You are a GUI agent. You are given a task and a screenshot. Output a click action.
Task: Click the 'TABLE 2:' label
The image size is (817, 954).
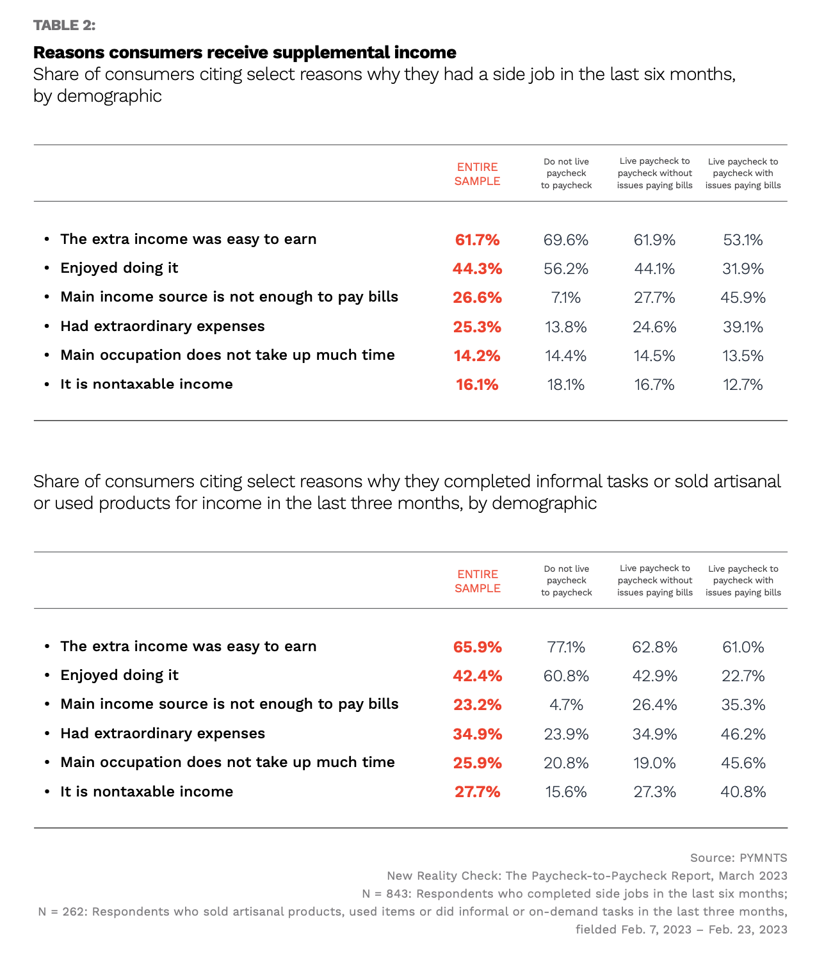(x=64, y=25)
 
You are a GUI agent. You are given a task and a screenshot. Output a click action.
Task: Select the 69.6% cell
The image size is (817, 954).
(x=565, y=240)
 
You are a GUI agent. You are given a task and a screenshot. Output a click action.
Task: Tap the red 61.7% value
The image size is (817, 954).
(x=477, y=240)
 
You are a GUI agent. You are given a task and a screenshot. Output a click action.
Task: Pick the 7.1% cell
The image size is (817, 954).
(x=565, y=298)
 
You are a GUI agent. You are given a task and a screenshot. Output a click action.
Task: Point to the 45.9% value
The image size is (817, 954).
(x=743, y=298)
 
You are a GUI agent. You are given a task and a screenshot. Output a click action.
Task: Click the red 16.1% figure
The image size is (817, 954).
(x=477, y=385)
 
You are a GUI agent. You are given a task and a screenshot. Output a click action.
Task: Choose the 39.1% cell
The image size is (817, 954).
(x=743, y=327)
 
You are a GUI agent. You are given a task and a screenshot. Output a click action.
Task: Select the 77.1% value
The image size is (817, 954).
(x=566, y=647)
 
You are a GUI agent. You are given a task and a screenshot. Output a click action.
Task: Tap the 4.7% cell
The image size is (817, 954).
(x=566, y=705)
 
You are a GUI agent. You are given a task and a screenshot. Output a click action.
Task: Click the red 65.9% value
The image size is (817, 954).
(x=477, y=647)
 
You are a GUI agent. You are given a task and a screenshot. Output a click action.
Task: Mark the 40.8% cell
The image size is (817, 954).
(x=743, y=792)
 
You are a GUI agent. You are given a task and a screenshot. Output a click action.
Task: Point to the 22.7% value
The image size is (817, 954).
(x=743, y=676)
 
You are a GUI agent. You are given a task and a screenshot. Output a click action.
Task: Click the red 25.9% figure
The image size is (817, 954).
(x=477, y=763)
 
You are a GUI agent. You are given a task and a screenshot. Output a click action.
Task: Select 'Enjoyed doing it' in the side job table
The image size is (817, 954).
(x=119, y=268)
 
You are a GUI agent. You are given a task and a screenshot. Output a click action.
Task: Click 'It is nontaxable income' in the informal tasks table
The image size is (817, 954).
(x=147, y=792)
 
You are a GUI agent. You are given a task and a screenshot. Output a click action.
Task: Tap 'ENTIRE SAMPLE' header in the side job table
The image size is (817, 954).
(x=477, y=174)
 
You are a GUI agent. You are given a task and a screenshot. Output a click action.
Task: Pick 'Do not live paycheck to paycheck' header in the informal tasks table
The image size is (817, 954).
(x=566, y=581)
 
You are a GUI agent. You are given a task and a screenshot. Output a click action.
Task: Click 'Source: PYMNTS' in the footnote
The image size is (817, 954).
(x=738, y=858)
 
